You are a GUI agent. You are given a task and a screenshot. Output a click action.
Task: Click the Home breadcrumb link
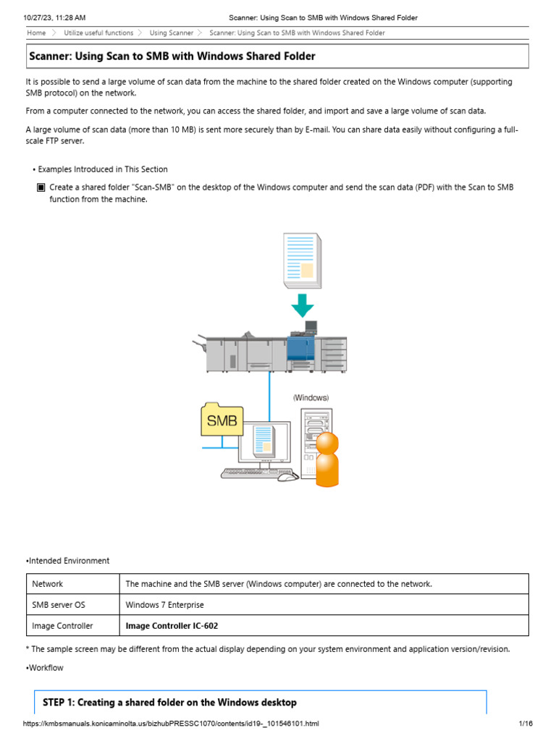[36, 33]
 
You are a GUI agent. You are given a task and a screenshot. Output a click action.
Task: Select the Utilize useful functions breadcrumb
[98, 33]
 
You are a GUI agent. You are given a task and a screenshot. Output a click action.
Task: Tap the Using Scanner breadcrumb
[172, 33]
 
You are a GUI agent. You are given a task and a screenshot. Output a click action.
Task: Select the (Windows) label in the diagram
[311, 397]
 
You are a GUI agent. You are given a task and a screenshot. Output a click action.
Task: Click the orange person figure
[327, 459]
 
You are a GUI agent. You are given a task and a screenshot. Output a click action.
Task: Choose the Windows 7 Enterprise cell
[165, 605]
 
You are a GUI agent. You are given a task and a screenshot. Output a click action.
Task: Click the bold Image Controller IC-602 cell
[172, 626]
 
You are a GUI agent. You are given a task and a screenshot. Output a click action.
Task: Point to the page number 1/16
[525, 724]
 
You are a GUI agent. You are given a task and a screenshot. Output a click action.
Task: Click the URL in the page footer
[171, 724]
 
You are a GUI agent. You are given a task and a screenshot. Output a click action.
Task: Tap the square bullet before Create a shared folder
[41, 187]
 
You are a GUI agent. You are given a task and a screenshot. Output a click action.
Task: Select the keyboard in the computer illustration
[250, 473]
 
